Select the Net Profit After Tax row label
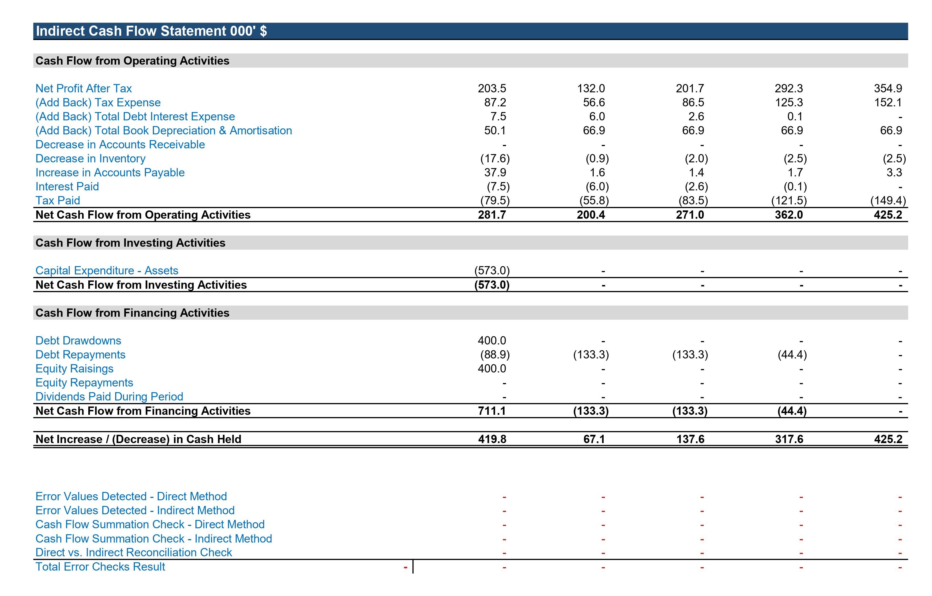(x=84, y=88)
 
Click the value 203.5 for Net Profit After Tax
(x=492, y=88)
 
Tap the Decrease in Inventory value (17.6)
(x=495, y=158)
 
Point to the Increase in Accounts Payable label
(x=110, y=172)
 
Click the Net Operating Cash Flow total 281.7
(x=492, y=215)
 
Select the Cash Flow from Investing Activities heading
(x=131, y=243)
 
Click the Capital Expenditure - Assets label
(x=107, y=270)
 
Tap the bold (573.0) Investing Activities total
(x=492, y=285)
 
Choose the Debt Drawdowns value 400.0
(x=492, y=340)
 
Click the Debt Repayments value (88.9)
(x=495, y=355)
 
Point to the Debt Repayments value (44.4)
(x=792, y=355)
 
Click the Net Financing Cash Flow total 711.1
(x=492, y=410)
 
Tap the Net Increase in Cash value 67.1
(x=594, y=439)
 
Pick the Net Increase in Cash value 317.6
(x=789, y=439)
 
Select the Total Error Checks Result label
(x=100, y=567)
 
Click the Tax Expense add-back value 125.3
(x=789, y=102)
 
